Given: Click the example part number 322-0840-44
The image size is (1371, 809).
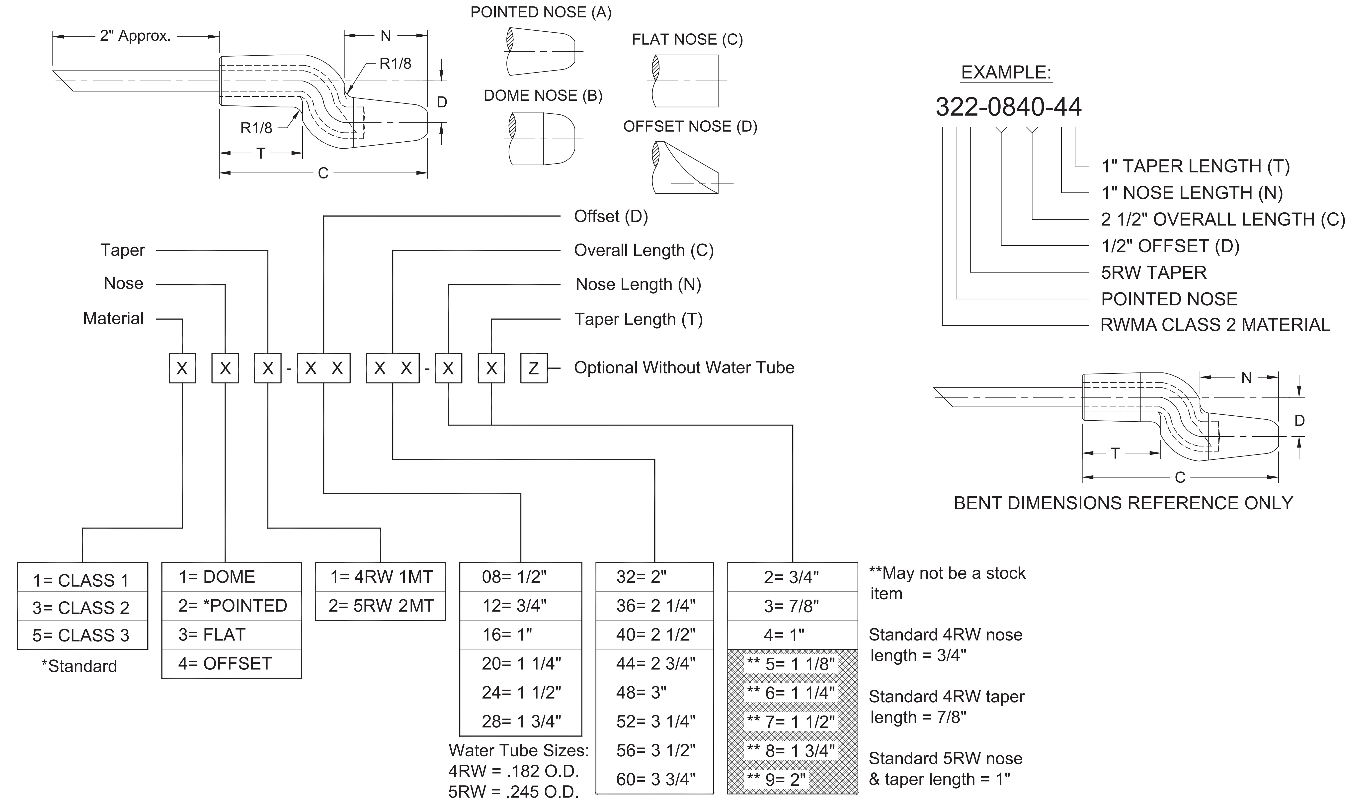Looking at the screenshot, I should click(1008, 107).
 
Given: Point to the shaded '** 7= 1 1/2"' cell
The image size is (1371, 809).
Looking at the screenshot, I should click(791, 722).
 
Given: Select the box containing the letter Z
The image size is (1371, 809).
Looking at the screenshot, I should click(533, 368).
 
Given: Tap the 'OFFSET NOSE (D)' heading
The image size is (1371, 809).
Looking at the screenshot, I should click(690, 126).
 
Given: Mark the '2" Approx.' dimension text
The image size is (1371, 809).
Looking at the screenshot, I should click(135, 36).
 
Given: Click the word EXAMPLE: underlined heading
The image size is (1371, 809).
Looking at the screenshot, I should click(1006, 73).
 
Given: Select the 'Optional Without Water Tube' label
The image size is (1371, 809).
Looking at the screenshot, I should click(684, 368).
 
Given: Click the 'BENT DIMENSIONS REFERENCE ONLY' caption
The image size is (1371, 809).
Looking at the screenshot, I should click(1123, 503).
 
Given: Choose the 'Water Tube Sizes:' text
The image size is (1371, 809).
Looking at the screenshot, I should click(518, 751).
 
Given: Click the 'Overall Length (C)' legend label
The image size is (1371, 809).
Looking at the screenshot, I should click(644, 250).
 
